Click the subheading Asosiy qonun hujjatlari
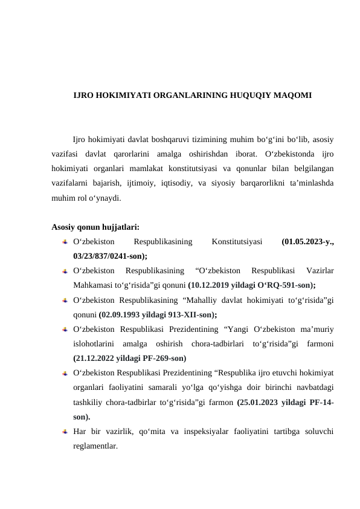click(95, 227)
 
